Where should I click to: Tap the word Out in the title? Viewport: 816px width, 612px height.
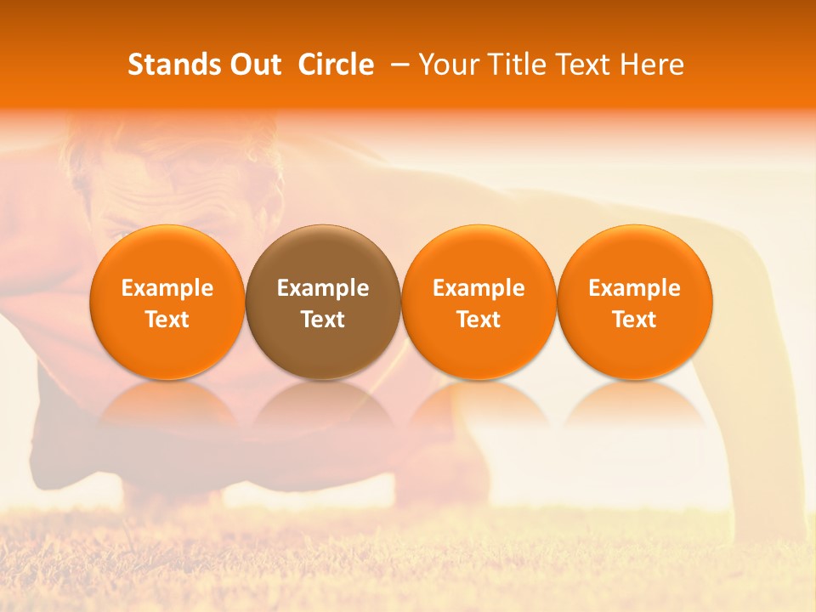pyautogui.click(x=253, y=65)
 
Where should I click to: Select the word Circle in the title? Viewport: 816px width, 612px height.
pyautogui.click(x=336, y=65)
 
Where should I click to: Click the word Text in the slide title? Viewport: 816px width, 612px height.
pyautogui.click(x=586, y=65)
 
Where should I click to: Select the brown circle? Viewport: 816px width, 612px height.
pyautogui.click(x=323, y=302)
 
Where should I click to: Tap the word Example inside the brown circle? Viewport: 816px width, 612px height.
pyautogui.click(x=323, y=288)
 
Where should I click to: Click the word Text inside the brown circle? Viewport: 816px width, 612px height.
pyautogui.click(x=323, y=320)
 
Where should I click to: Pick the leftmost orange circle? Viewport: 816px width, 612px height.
pyautogui.click(x=167, y=302)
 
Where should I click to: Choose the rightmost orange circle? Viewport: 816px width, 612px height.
pyautogui.click(x=635, y=302)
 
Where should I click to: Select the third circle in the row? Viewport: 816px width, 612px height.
pyautogui.click(x=479, y=302)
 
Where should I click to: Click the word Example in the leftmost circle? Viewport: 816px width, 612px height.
pyautogui.click(x=167, y=288)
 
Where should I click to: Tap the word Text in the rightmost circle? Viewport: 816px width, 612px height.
pyautogui.click(x=635, y=320)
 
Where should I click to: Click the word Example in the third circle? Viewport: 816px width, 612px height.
pyautogui.click(x=479, y=288)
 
